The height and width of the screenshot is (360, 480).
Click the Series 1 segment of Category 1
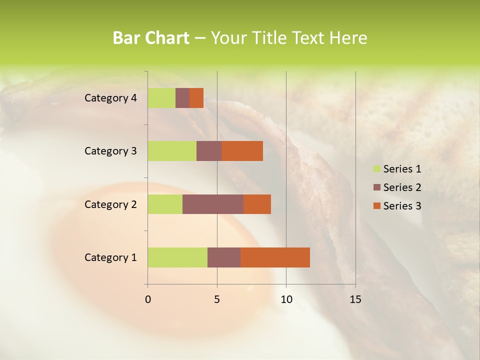click(177, 257)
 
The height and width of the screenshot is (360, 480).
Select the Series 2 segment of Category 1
click(224, 257)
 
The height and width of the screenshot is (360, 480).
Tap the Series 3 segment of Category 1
click(275, 257)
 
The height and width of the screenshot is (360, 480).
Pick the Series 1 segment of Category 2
click(165, 204)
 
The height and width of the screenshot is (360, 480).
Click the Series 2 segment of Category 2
click(213, 204)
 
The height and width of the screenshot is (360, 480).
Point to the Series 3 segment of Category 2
click(257, 204)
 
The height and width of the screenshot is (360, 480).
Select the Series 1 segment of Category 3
click(172, 151)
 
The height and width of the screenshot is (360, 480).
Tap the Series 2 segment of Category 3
click(209, 151)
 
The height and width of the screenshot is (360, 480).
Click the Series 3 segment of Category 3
click(242, 151)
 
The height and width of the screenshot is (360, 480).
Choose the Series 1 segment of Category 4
click(161, 98)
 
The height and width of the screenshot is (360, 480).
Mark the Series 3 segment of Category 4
click(196, 98)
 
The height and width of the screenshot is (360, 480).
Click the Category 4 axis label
click(110, 98)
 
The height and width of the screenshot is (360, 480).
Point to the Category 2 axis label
click(110, 204)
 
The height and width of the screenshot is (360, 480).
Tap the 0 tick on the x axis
click(148, 299)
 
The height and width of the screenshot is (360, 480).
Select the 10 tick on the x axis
click(286, 299)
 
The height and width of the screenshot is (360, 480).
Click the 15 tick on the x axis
click(355, 299)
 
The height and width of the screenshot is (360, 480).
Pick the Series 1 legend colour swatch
click(377, 169)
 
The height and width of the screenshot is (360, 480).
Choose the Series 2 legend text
click(402, 187)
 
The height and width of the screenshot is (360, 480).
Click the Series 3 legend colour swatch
click(377, 206)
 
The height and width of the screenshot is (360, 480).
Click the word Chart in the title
click(167, 38)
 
